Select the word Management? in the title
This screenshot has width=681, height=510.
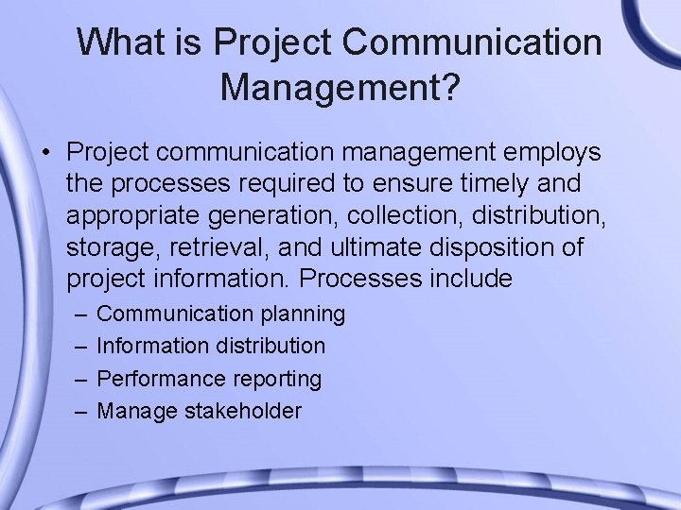tap(340, 89)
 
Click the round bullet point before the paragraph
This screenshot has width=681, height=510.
tap(45, 152)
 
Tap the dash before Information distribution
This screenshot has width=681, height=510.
tap(78, 347)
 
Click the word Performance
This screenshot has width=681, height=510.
tap(157, 379)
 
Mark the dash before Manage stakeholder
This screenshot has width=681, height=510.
tap(78, 411)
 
